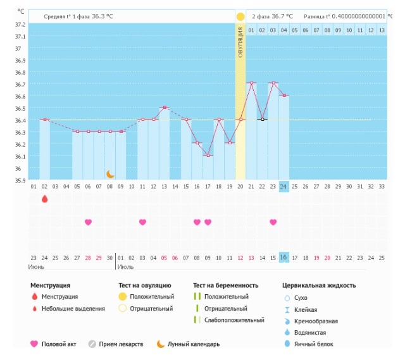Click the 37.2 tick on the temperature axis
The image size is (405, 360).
21,24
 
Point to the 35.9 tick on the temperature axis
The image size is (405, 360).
21,180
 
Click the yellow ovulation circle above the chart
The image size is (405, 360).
240,16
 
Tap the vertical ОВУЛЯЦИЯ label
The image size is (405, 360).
240,43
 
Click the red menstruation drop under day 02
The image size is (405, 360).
44,199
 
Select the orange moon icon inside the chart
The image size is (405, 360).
110,174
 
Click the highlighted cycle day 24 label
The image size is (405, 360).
284,187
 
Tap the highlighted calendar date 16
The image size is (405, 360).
284,258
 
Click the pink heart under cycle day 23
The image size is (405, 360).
273,222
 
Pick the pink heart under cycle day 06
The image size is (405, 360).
88,222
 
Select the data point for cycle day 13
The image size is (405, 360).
165,108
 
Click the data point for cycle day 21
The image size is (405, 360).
251,83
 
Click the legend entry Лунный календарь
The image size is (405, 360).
194,344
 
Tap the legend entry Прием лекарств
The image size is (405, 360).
121,344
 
